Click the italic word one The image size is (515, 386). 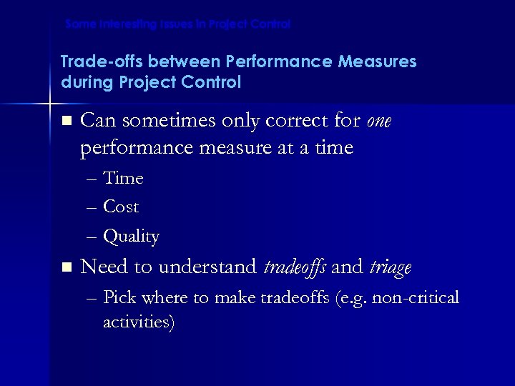coord(378,122)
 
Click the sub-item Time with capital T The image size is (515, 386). coord(123,178)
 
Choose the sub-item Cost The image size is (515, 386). coord(121,207)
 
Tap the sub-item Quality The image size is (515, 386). coord(131,237)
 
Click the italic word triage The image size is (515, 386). coord(391,268)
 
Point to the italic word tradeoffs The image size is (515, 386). coord(296,268)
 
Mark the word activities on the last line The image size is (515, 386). coord(137,322)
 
